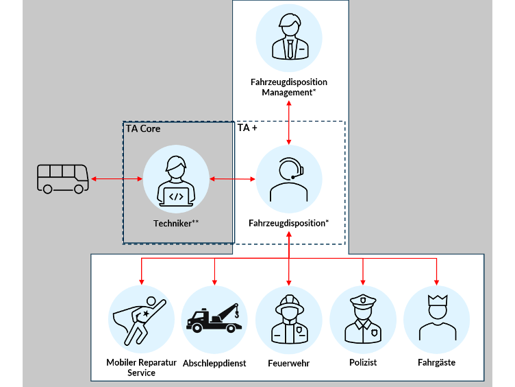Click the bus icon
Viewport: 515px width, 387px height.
click(62, 178)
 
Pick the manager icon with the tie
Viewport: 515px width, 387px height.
click(289, 39)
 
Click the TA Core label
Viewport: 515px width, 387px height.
click(143, 128)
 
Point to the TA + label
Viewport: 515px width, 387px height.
click(247, 128)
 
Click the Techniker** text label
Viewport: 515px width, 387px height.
click(176, 224)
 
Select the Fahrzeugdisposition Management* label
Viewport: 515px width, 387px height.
click(289, 87)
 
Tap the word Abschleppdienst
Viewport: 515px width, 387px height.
click(214, 363)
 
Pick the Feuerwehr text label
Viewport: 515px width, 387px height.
click(288, 363)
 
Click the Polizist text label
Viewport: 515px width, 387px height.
click(363, 362)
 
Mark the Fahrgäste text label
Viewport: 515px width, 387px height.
click(436, 362)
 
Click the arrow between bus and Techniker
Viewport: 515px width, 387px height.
click(116, 180)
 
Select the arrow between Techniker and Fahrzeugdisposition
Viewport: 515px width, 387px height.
click(232, 180)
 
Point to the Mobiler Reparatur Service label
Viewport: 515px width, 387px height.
click(142, 367)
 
